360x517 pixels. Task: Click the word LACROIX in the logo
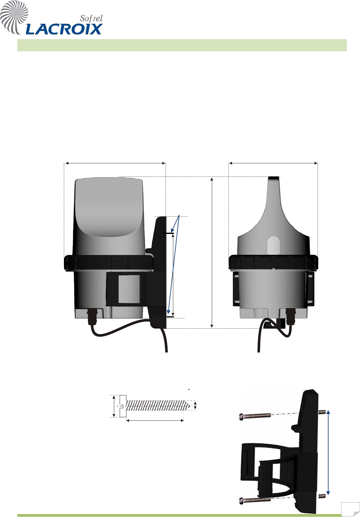click(64, 29)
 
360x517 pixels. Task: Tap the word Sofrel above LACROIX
click(91, 18)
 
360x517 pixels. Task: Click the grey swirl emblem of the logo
click(14, 17)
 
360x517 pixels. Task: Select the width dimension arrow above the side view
click(116, 163)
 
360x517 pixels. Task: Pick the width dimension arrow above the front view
click(273, 163)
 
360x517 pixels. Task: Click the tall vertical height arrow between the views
click(212, 252)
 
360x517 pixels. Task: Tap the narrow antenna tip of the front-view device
click(274, 179)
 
